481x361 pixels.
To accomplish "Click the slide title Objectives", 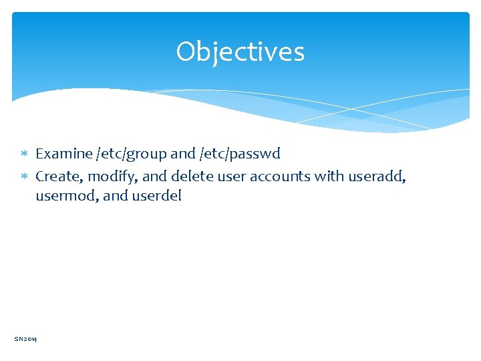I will (240, 51).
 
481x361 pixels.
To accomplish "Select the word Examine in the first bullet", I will (64, 154).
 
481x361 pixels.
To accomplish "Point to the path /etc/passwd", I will (240, 154).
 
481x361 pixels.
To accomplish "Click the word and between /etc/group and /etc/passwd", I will (183, 154).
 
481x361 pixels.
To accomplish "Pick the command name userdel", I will (156, 197).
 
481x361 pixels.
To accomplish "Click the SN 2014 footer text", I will (26, 339).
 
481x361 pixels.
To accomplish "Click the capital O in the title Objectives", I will (186, 51).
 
